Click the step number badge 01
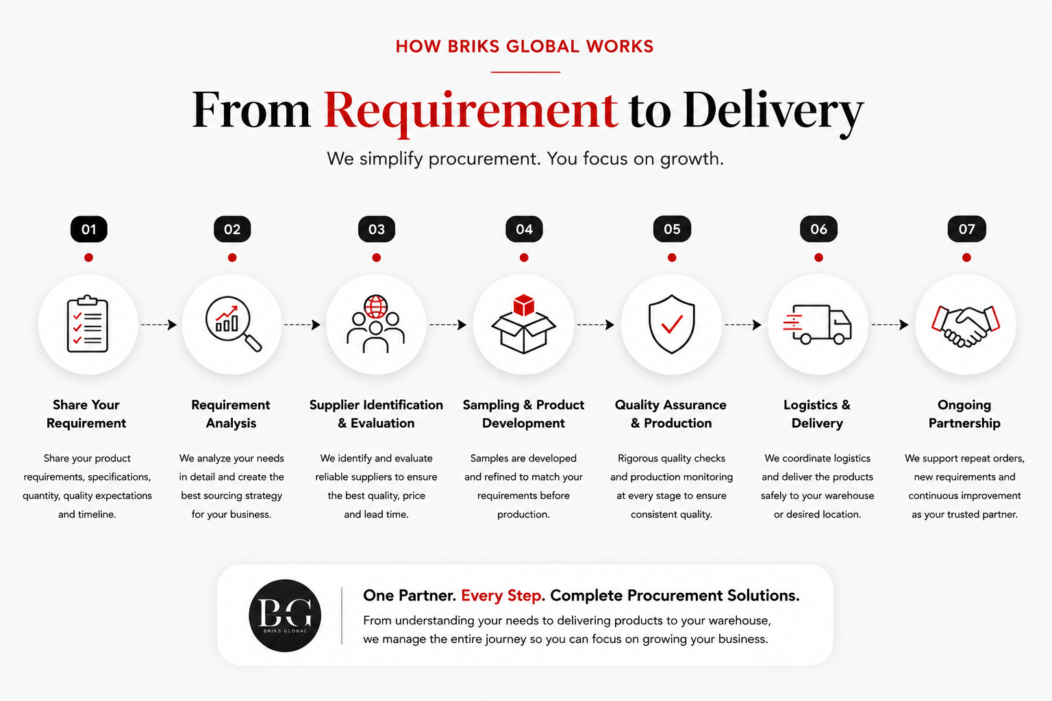89,229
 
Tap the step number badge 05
672,229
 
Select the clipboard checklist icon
88,324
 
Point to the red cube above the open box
524,305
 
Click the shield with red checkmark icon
672,324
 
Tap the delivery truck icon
817,324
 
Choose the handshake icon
966,326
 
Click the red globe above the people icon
376,307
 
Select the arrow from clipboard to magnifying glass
159,324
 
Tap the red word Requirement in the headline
471,111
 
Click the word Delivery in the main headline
773,112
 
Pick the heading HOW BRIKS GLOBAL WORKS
525,47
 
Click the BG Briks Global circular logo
285,615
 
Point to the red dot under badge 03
376,257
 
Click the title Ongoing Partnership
964,413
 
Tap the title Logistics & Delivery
817,413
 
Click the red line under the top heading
525,72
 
